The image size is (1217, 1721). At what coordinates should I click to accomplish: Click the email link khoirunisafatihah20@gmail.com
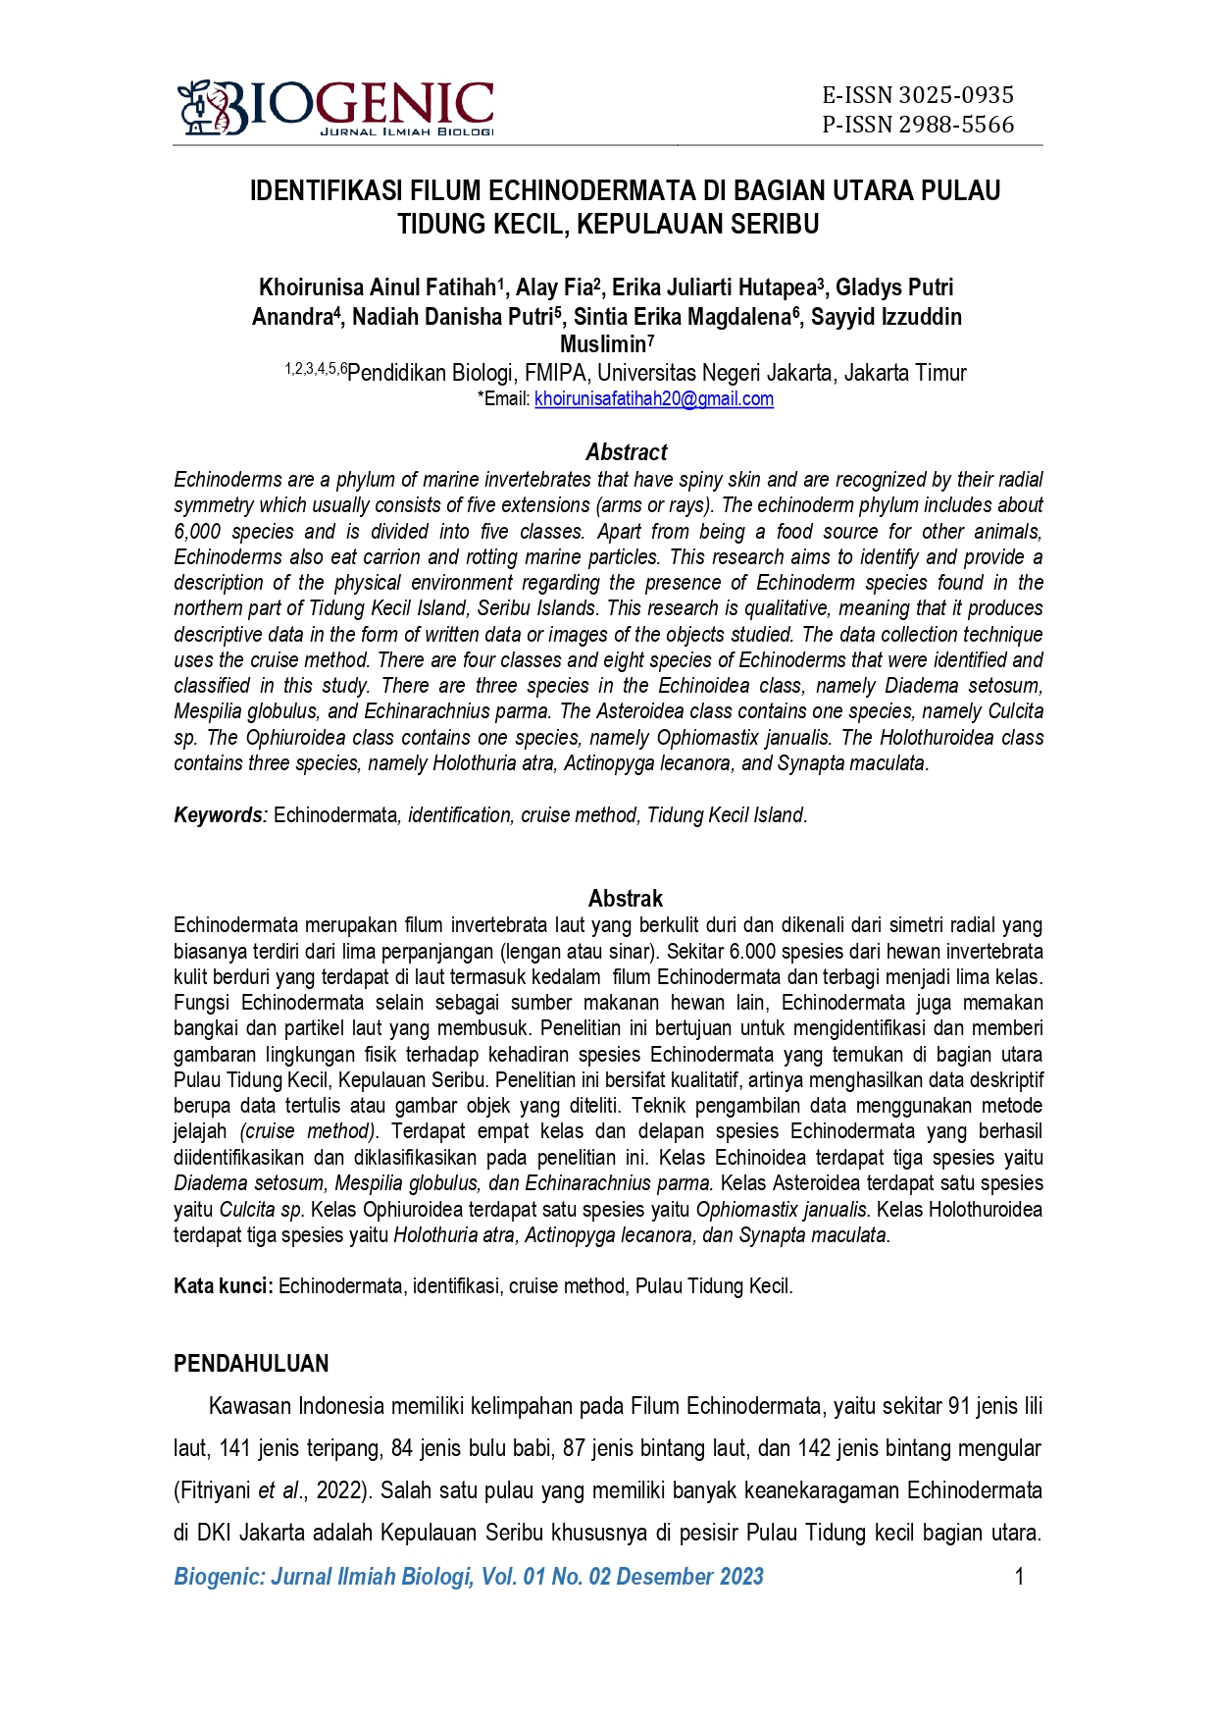pyautogui.click(x=654, y=399)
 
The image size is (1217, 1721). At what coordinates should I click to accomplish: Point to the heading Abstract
pyautogui.click(x=626, y=452)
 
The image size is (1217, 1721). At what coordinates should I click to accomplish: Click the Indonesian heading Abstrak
pyautogui.click(x=626, y=899)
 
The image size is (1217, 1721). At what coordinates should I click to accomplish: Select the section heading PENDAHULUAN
pyautogui.click(x=251, y=1364)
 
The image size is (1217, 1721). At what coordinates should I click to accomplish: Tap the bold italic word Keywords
pyautogui.click(x=219, y=815)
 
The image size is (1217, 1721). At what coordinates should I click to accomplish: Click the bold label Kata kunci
pyautogui.click(x=223, y=1286)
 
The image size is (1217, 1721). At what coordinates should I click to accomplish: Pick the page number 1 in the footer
pyautogui.click(x=1019, y=1577)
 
